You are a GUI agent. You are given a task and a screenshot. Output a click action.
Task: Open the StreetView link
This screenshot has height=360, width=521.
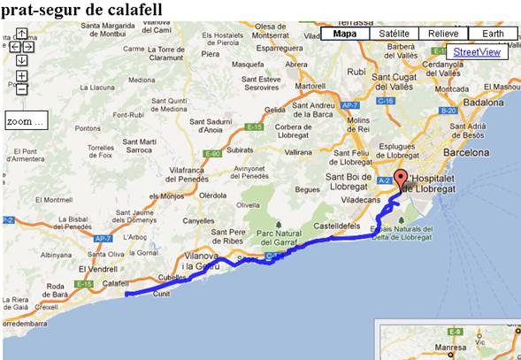coord(477,52)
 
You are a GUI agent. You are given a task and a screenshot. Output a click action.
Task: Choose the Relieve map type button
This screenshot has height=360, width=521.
coord(442,34)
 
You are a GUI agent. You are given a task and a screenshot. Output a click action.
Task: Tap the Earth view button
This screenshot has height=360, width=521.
coord(492,34)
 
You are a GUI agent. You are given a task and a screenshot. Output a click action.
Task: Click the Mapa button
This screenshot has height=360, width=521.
coord(345,34)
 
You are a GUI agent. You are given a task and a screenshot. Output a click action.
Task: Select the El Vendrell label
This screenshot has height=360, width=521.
coord(98,269)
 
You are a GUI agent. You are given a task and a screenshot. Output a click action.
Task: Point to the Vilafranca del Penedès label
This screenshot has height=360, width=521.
coord(206,174)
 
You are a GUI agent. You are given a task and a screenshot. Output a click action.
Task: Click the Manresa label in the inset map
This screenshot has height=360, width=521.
coord(448,348)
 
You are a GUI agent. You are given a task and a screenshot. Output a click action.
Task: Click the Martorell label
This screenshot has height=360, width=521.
coord(310,87)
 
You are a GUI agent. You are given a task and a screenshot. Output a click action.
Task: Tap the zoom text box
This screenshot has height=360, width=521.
coord(25,120)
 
